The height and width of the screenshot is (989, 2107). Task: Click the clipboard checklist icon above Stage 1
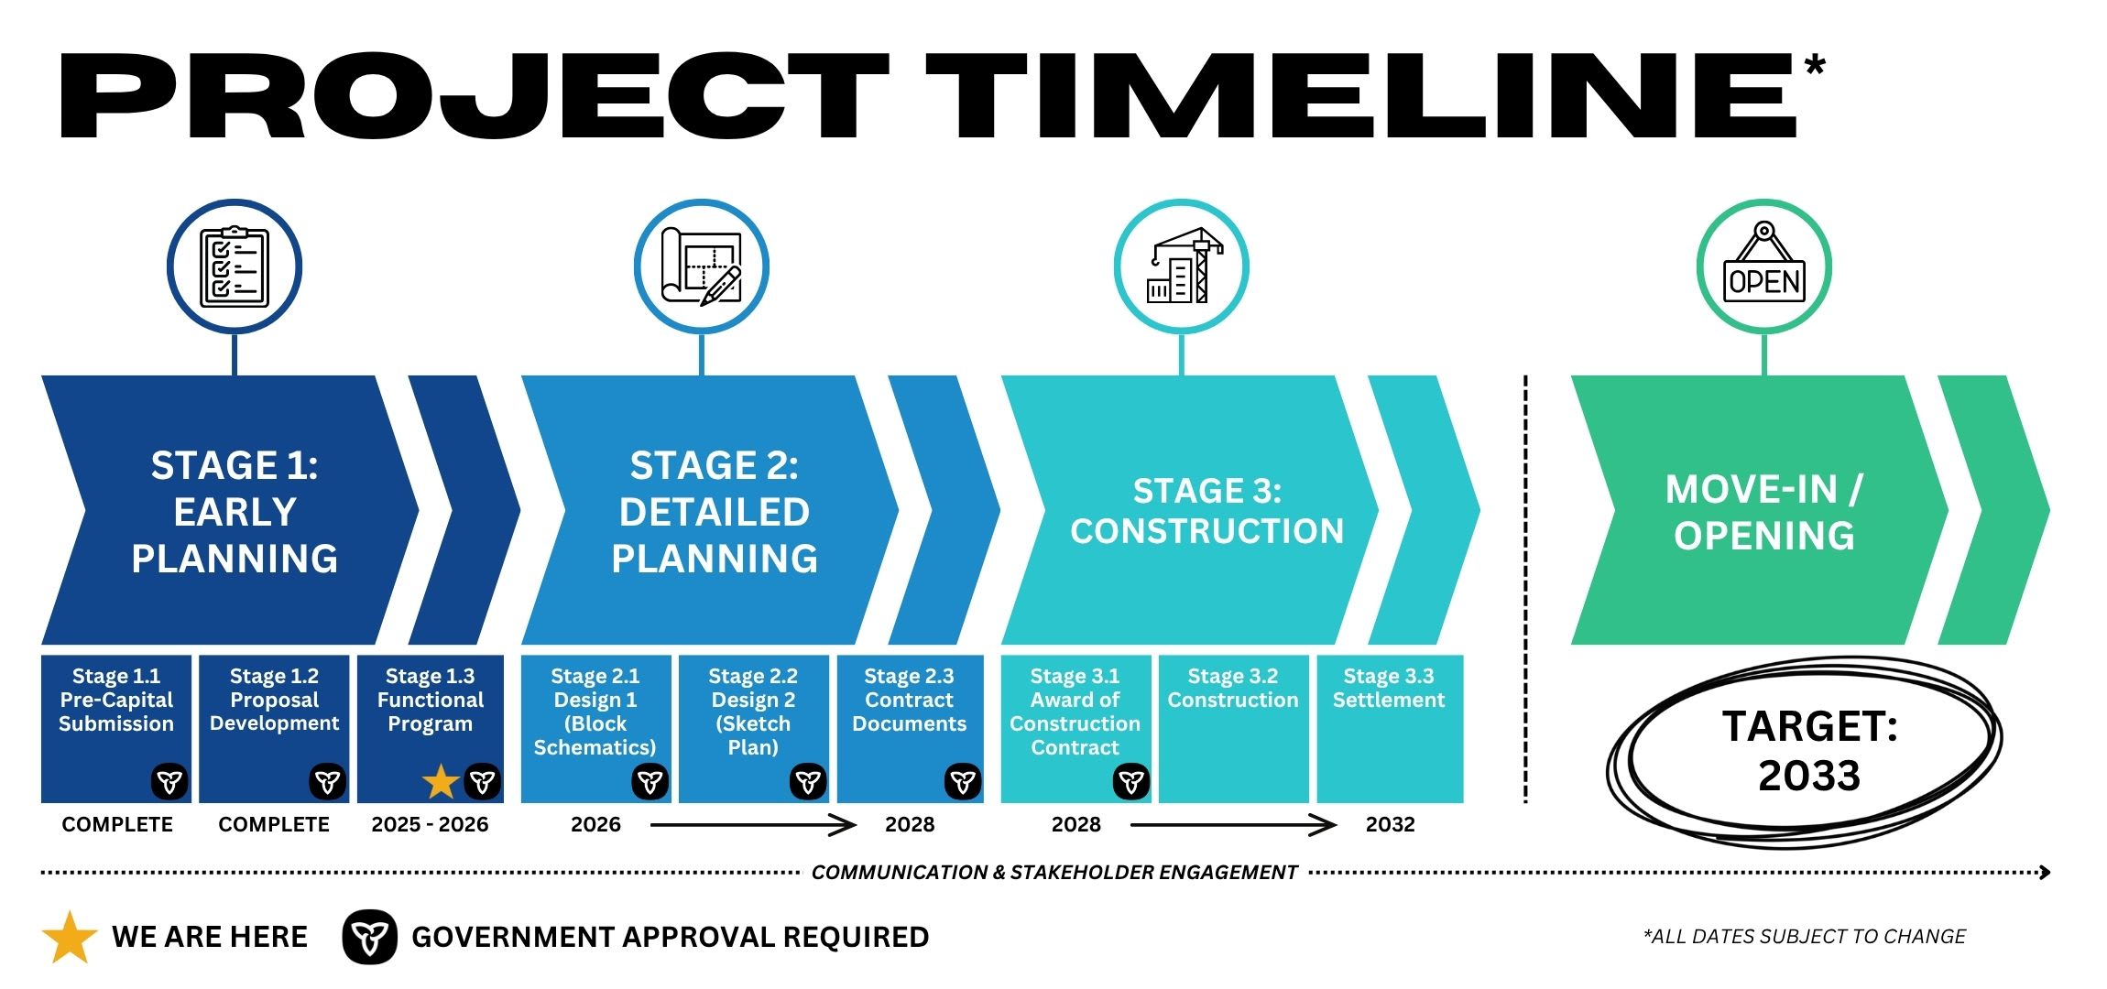point(235,266)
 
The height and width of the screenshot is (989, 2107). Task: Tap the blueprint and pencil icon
point(702,266)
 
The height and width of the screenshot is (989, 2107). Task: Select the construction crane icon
point(1182,266)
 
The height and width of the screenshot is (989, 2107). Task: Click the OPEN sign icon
point(1764,266)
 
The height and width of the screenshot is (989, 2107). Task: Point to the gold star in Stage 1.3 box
point(441,781)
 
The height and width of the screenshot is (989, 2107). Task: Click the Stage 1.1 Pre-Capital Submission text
point(116,700)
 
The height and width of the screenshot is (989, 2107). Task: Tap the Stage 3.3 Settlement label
point(1389,689)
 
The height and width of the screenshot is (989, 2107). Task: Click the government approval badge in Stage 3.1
point(1131,781)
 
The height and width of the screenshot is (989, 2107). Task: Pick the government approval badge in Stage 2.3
point(963,781)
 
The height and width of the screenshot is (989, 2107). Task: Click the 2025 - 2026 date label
point(430,824)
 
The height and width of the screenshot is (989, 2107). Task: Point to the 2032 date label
point(1390,824)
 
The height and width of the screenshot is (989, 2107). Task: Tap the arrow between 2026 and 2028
point(753,825)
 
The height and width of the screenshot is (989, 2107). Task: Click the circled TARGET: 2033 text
point(1809,751)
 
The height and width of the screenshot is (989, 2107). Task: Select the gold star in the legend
point(70,937)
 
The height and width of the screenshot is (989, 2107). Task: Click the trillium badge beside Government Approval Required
point(369,937)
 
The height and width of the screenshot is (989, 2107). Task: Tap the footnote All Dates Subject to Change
point(1805,937)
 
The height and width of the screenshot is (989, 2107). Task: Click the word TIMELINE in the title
point(1365,96)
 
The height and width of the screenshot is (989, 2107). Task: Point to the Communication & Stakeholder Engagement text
point(1054,873)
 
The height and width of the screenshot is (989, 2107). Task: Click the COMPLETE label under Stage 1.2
point(274,824)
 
